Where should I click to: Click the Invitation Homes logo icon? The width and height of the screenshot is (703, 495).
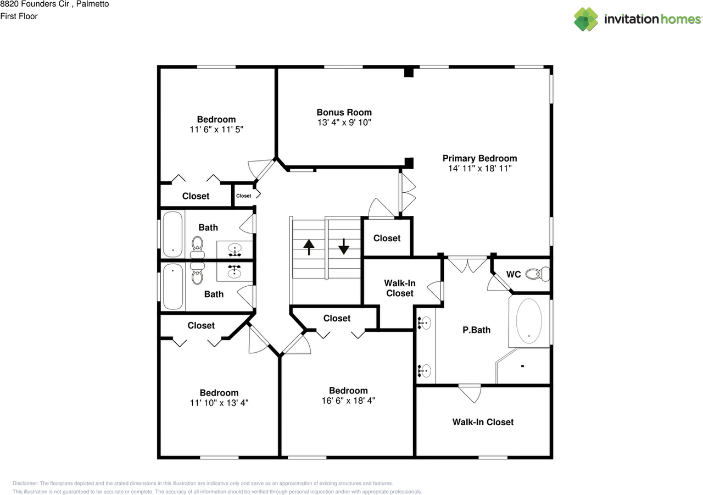[x=586, y=19]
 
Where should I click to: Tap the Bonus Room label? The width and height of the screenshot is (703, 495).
[x=344, y=112]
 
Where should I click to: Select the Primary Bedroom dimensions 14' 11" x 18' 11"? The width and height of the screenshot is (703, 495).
[x=479, y=169]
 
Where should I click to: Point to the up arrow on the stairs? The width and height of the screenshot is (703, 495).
[x=309, y=247]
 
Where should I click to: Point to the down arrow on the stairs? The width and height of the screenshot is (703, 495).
[x=344, y=246]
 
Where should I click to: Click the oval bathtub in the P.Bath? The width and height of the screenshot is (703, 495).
[x=528, y=321]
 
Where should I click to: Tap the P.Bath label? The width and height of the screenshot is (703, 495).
[x=476, y=330]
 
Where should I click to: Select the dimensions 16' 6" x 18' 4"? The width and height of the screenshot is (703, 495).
[x=348, y=401]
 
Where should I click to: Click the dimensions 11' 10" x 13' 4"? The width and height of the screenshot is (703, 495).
[x=219, y=403]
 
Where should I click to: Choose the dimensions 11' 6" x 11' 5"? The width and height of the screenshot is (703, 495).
[x=216, y=130]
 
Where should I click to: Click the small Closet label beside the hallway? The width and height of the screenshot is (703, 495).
[x=243, y=196]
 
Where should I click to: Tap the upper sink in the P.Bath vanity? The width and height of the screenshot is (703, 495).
[x=425, y=322]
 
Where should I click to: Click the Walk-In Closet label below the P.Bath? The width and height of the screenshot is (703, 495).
[x=483, y=422]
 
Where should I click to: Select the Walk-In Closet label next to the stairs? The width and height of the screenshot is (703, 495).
[x=399, y=288]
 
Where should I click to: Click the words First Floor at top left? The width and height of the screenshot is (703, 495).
[x=19, y=16]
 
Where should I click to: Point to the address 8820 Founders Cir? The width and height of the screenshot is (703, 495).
[x=38, y=4]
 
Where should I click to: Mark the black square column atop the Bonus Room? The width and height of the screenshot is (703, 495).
[x=408, y=72]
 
